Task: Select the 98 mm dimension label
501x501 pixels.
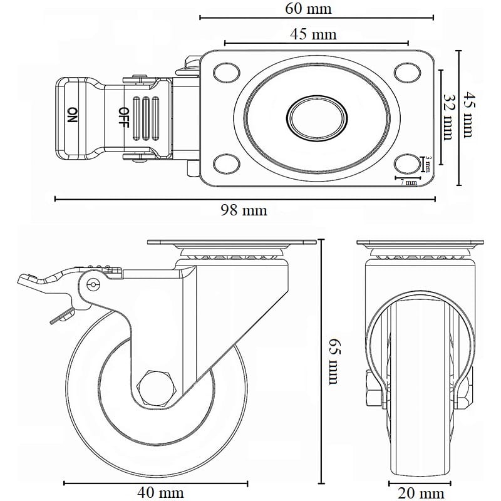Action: [x=244, y=210]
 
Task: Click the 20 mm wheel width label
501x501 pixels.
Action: [x=422, y=493]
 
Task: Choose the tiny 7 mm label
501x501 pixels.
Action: [x=408, y=182]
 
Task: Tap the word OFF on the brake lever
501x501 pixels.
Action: [x=123, y=116]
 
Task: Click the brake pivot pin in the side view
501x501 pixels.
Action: [x=94, y=286]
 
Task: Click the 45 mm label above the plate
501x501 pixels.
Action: [x=313, y=34]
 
